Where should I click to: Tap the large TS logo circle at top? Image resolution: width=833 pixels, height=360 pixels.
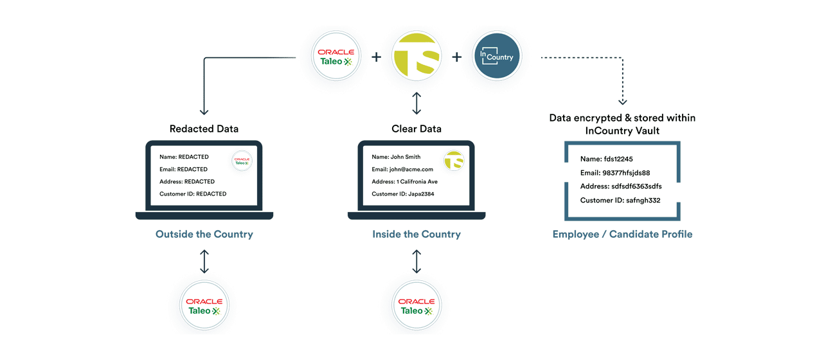coord(416,57)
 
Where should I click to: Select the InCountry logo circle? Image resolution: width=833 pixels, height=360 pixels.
coord(496,57)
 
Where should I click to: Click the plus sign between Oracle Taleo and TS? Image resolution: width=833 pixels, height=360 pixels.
coord(376,57)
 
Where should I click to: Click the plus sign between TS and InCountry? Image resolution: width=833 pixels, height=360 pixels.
coord(456,57)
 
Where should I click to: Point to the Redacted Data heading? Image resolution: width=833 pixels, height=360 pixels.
coord(204,129)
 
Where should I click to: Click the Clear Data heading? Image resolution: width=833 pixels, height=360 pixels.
coord(416,129)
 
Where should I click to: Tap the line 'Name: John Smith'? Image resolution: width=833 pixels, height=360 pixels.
coord(396,157)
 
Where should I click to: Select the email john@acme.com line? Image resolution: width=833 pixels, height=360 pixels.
coord(402,169)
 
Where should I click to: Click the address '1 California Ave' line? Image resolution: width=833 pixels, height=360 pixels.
coord(404,181)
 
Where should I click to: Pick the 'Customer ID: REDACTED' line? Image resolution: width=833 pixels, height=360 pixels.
coord(193,194)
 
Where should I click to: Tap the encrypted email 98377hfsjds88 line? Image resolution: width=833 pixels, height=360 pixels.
coord(615,172)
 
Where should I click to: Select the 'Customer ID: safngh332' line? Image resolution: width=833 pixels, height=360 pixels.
coord(620,201)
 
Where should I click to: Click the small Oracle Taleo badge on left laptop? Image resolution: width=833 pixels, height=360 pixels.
coord(242,161)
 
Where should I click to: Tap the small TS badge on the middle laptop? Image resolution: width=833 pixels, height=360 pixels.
coord(454,161)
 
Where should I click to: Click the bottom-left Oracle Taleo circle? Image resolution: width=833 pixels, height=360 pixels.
coord(204,305)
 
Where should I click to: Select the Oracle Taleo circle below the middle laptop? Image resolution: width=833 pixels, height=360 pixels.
coord(416,305)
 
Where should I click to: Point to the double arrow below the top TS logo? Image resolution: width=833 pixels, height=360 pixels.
coord(416,102)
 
